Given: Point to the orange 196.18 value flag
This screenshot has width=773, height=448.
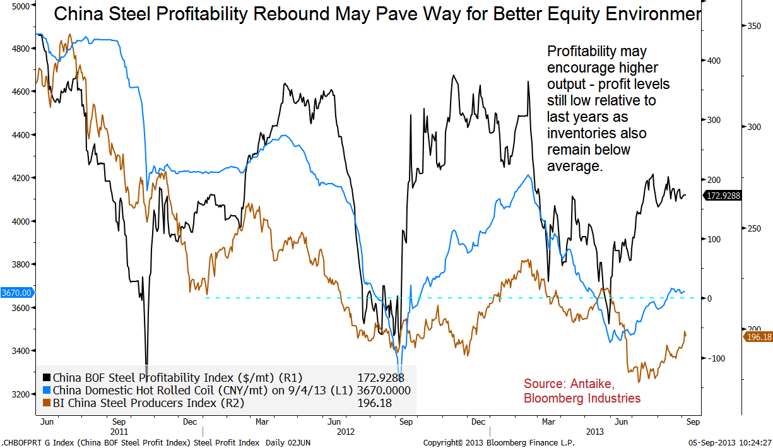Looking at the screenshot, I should click(758, 337).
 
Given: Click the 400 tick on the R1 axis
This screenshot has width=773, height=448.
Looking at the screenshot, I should click(712, 61).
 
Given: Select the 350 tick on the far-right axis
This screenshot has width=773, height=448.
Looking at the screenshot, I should click(754, 26).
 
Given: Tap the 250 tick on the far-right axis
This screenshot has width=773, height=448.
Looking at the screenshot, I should click(754, 228).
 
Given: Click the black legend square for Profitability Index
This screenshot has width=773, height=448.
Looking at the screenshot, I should click(46, 378).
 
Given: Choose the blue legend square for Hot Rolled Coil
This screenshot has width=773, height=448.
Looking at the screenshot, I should click(46, 391).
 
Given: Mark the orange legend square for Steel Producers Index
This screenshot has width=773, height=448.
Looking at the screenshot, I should click(46, 403).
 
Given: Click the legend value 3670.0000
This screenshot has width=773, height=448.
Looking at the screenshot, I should click(384, 391).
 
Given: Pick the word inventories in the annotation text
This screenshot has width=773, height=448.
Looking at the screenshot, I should click(578, 133).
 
